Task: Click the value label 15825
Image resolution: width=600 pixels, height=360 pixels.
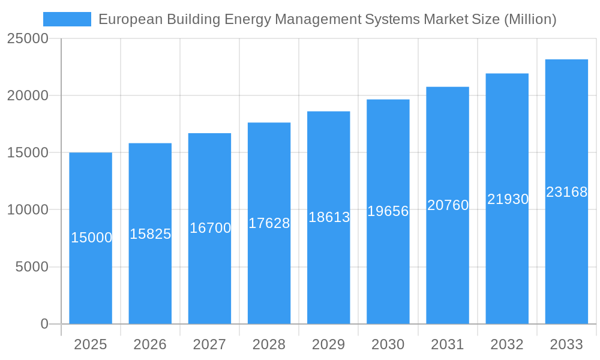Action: [151, 234]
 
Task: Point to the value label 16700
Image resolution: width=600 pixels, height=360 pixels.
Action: [210, 228]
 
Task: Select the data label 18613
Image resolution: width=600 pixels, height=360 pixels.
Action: [329, 217]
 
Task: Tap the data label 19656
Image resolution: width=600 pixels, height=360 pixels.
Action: [388, 211]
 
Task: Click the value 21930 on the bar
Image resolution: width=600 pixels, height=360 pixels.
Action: [508, 199]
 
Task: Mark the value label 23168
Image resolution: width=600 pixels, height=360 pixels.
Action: [566, 192]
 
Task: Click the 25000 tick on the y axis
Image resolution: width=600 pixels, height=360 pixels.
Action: [27, 39]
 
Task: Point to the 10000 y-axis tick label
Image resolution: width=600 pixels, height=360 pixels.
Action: [27, 210]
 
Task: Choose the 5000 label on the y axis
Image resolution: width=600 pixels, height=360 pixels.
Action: [31, 267]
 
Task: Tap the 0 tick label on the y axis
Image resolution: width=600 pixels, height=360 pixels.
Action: [44, 324]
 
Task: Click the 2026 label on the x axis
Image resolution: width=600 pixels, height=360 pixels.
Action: [150, 344]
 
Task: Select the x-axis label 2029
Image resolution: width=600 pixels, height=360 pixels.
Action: [329, 344]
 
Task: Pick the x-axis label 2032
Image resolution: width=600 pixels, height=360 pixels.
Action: [507, 344]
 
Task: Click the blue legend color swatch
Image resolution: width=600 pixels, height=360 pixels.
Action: [67, 19]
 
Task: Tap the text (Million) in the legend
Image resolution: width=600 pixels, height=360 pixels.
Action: [530, 19]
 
